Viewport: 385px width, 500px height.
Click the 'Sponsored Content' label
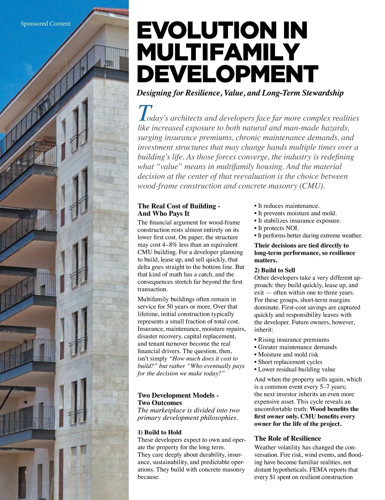[45, 23]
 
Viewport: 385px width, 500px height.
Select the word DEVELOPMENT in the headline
[227, 73]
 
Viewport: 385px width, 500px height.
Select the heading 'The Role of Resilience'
[287, 438]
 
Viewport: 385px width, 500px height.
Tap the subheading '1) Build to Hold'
[159, 432]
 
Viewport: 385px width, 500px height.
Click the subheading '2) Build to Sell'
[275, 270]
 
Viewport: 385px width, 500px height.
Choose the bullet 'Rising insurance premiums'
[294, 340]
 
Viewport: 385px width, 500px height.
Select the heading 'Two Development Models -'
[178, 395]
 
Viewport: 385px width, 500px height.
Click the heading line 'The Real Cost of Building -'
[179, 206]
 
